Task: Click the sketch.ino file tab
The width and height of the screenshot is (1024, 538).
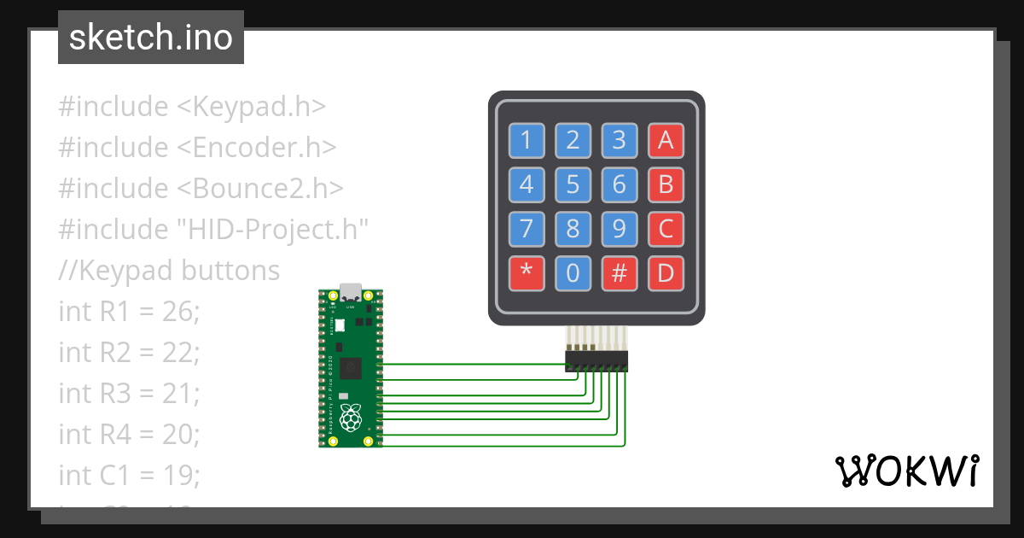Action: click(150, 38)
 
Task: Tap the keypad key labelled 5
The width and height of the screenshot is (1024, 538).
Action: click(573, 184)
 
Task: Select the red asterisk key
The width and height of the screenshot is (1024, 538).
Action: click(527, 273)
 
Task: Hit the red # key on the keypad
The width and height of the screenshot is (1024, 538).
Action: click(620, 273)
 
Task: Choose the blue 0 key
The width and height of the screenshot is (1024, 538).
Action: click(573, 273)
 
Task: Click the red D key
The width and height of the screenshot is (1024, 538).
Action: click(666, 273)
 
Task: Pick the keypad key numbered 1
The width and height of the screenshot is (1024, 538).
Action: click(527, 140)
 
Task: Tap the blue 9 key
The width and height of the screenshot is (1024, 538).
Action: click(620, 229)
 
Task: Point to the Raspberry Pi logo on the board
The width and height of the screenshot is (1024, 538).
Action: click(350, 418)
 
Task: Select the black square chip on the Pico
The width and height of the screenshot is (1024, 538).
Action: click(350, 369)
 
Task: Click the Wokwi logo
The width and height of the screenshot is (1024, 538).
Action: click(907, 471)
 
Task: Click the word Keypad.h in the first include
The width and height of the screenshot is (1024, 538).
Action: click(259, 107)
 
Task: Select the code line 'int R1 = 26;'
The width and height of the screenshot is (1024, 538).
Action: click(129, 312)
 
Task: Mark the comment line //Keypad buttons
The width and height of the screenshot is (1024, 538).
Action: click(169, 271)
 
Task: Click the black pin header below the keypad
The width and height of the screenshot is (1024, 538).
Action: click(596, 361)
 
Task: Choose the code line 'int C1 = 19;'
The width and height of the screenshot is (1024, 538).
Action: click(130, 475)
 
